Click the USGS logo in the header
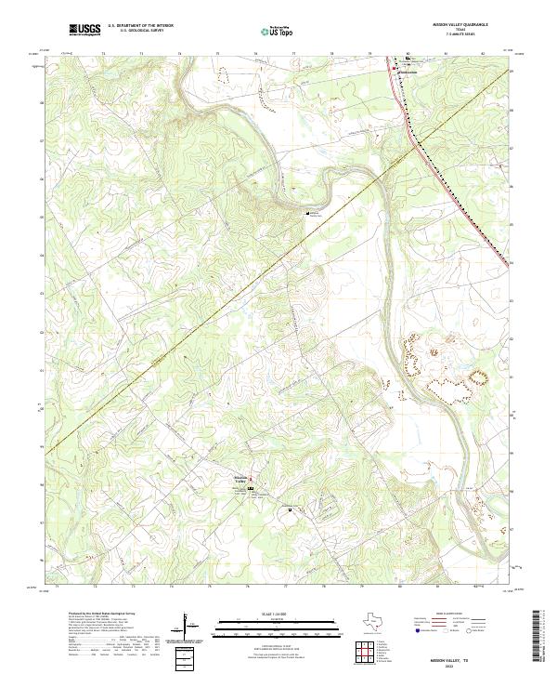pyautogui.click(x=84, y=30)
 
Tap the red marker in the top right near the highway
pyautogui.click(x=394, y=68)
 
